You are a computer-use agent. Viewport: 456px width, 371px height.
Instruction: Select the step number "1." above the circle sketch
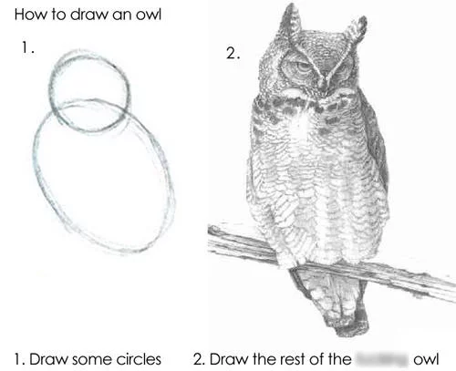pyautogui.click(x=28, y=48)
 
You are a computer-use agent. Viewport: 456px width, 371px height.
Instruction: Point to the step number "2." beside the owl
pyautogui.click(x=233, y=54)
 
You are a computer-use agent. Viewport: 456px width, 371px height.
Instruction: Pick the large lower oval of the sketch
pyautogui.click(x=102, y=182)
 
